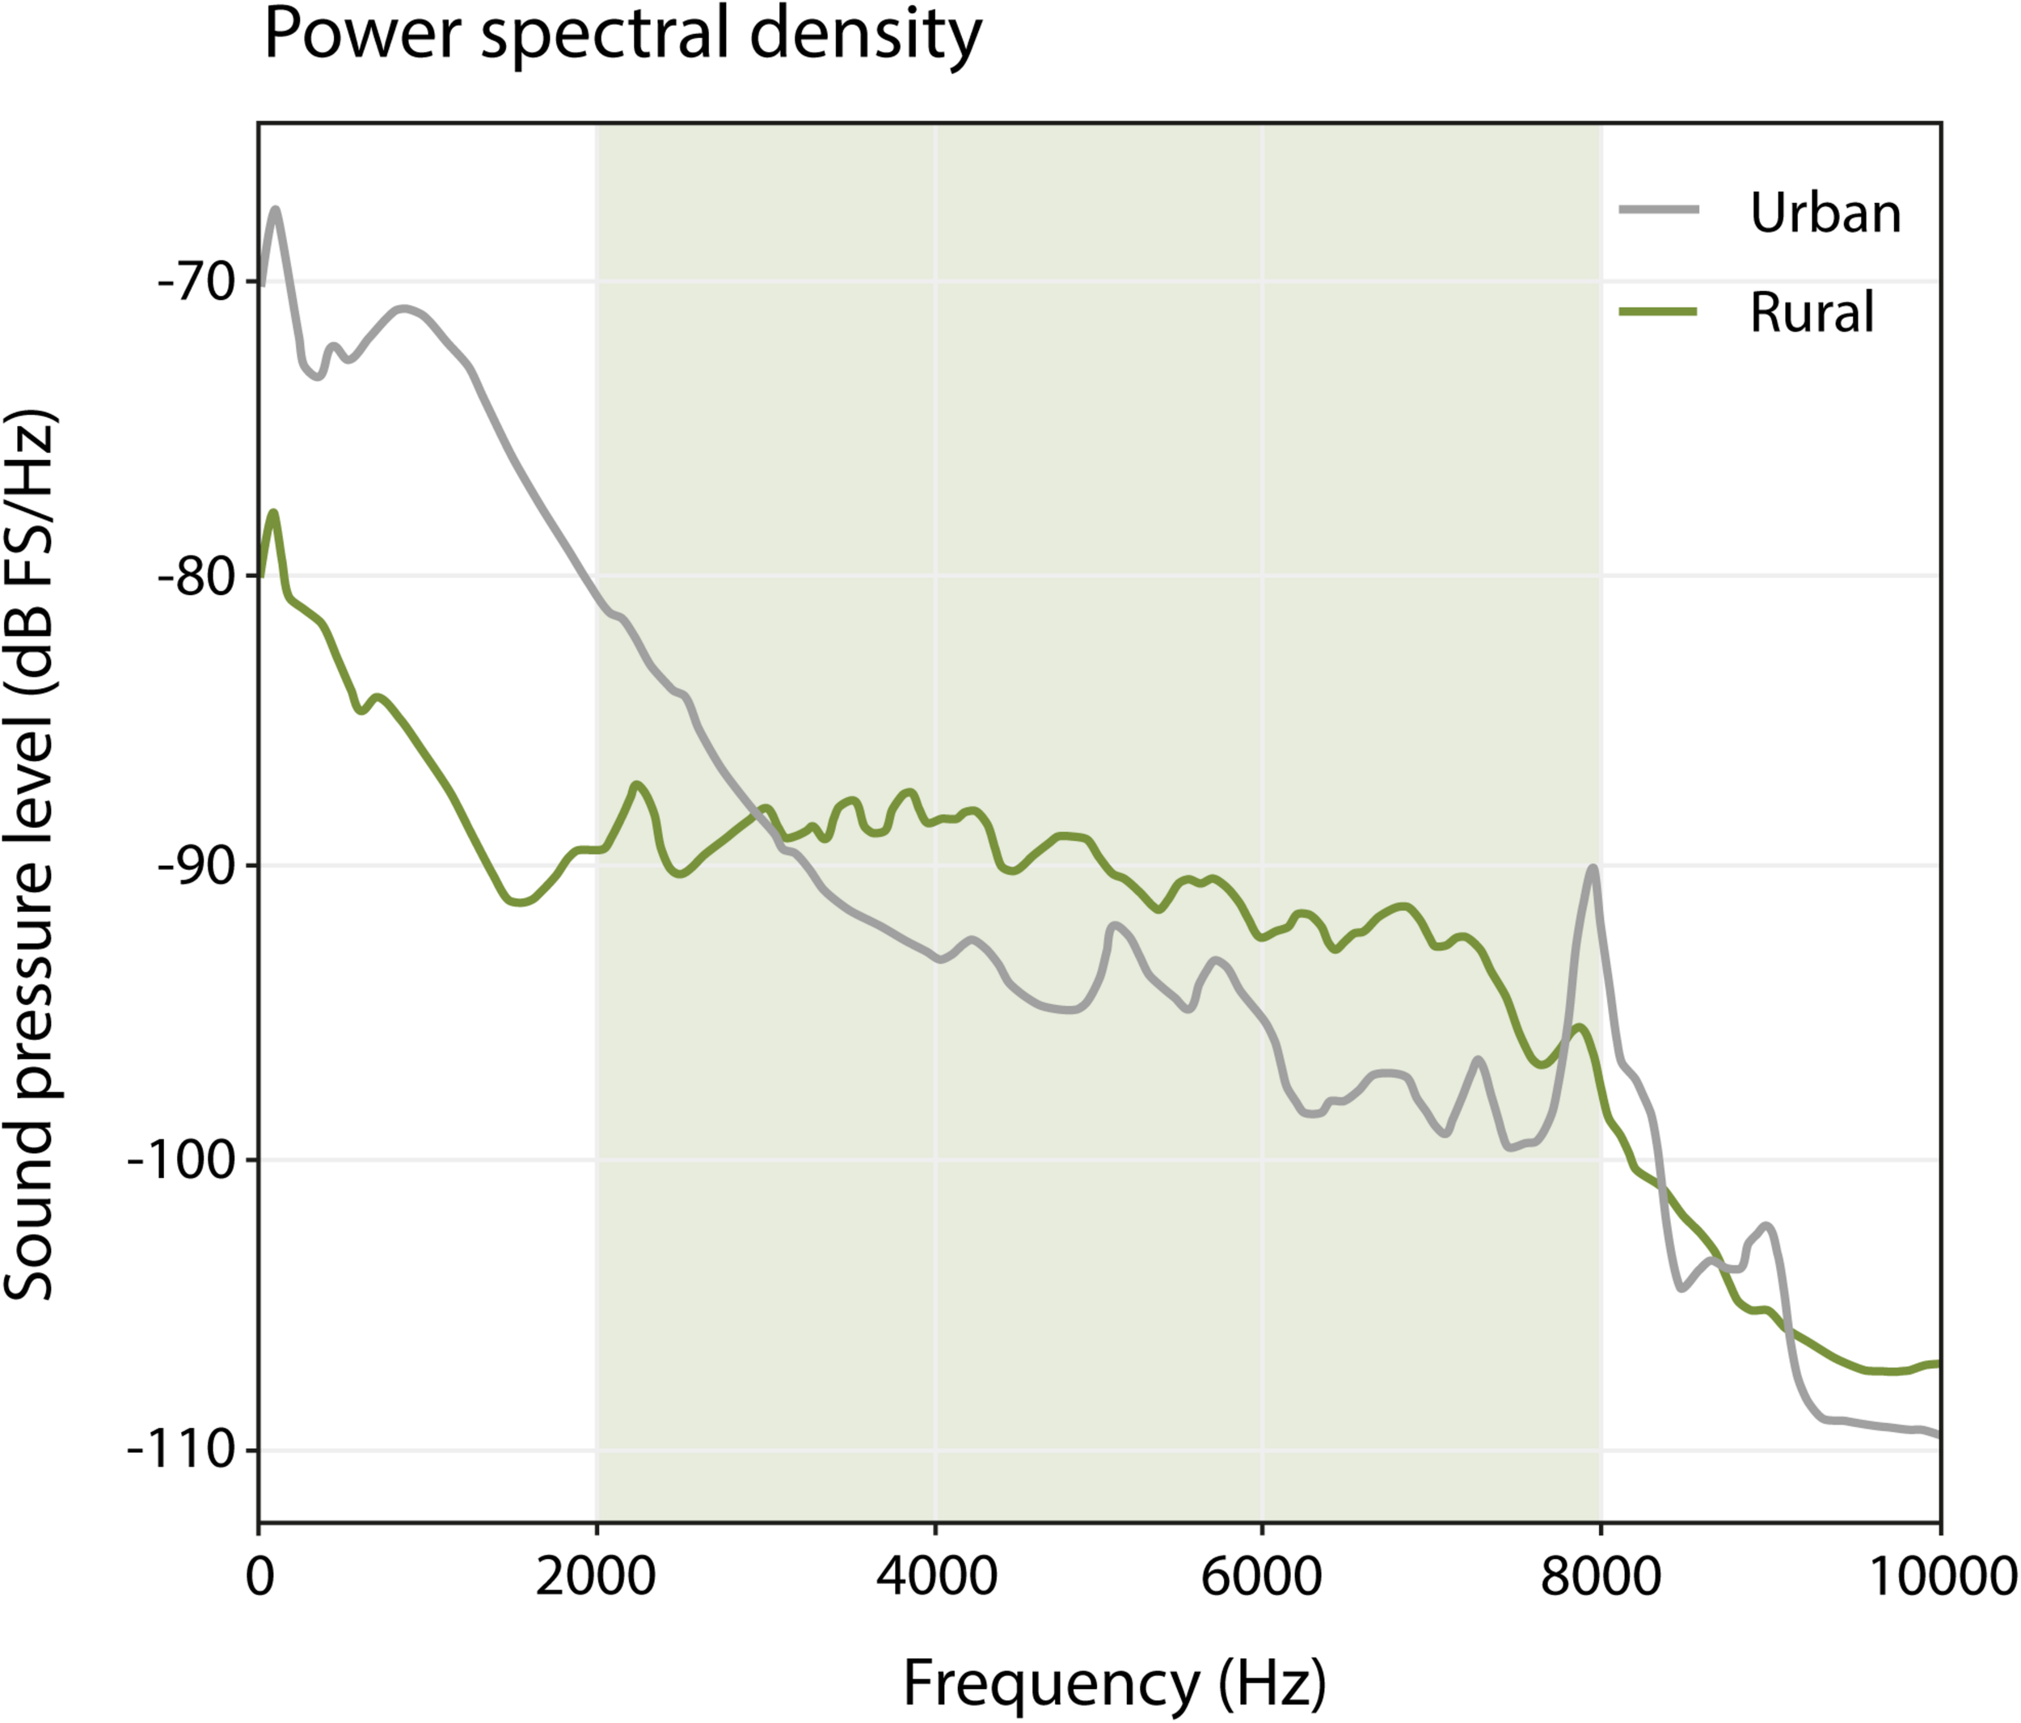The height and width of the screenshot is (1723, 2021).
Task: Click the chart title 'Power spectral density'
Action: pos(622,35)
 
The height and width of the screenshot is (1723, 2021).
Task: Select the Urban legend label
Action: pos(1825,213)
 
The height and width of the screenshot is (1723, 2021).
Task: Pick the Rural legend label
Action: pos(1812,313)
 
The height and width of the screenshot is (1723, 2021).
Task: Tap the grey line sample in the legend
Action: pos(1658,209)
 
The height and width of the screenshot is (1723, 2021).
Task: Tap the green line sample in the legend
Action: pos(1658,311)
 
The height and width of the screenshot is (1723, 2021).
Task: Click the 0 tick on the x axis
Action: pos(259,1577)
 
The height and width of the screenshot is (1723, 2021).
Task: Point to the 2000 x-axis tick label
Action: pos(596,1577)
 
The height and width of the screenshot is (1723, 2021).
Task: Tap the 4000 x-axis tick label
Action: pos(936,1577)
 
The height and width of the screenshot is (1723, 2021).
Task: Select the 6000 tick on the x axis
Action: pos(1262,1577)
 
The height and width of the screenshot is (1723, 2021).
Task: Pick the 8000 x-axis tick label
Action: pos(1601,1577)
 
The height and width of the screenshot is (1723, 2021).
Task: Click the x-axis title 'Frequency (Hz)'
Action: pos(1114,1683)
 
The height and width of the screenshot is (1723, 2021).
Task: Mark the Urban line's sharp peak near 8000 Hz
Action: pos(1592,868)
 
